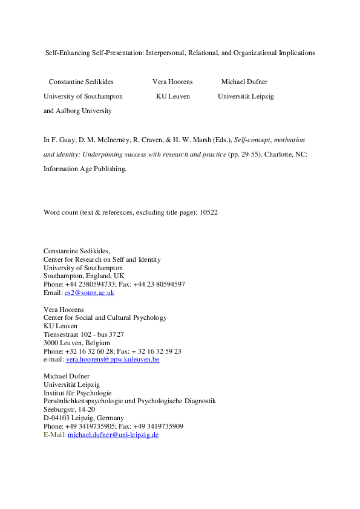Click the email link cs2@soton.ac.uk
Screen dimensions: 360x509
[89, 293]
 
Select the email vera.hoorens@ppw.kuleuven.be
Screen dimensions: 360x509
[113, 359]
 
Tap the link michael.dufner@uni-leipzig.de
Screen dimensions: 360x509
[113, 435]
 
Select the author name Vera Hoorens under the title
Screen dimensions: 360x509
[172, 82]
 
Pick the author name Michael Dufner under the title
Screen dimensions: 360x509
[244, 82]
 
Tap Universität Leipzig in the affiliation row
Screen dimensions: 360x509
[246, 96]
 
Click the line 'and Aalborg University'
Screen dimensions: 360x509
[77, 111]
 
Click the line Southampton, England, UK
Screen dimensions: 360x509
[83, 276]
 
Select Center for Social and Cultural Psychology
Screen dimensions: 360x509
[105, 317]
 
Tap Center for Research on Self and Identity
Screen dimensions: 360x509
[102, 259]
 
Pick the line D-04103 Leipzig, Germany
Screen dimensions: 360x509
[83, 418]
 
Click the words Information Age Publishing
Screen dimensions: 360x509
[85, 169]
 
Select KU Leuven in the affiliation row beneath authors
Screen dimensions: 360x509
[172, 96]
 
